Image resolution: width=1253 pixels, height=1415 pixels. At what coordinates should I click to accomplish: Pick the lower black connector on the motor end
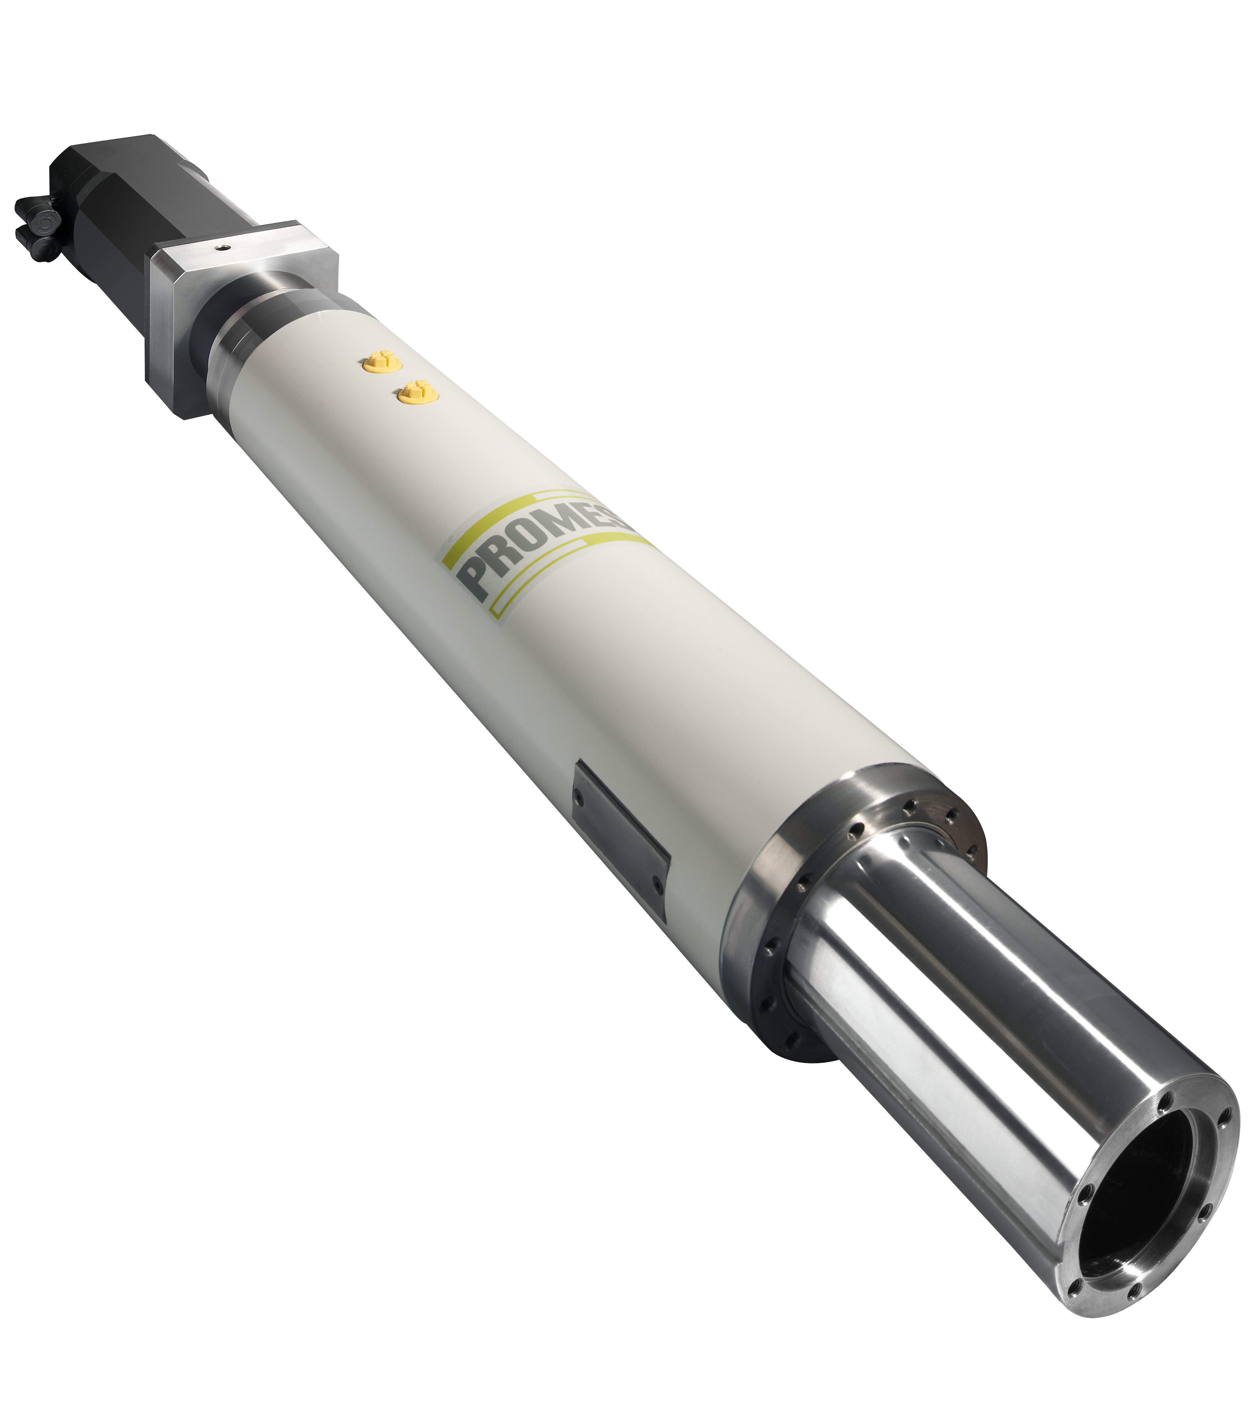click(43, 246)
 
